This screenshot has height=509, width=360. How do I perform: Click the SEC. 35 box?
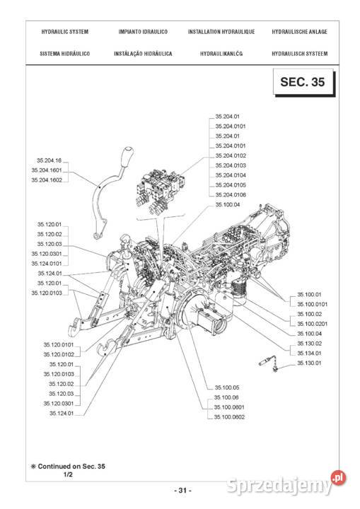tap(302, 83)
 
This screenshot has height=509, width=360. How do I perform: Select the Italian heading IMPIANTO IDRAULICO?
tap(142, 33)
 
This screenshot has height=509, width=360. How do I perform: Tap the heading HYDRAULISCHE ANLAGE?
tap(299, 33)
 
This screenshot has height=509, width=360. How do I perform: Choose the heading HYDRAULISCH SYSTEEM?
tap(299, 54)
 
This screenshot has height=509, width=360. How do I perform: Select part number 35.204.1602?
tap(46, 180)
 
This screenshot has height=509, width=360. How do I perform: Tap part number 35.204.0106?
tap(231, 194)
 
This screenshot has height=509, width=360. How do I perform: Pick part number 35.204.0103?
tap(231, 165)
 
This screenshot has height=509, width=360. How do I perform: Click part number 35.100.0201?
tap(312, 324)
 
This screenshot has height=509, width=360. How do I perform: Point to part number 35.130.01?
tap(308, 363)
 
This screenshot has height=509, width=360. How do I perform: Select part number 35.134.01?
tap(308, 353)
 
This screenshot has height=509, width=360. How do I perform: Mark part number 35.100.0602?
tap(229, 416)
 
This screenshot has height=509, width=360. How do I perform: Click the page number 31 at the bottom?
tap(181, 490)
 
